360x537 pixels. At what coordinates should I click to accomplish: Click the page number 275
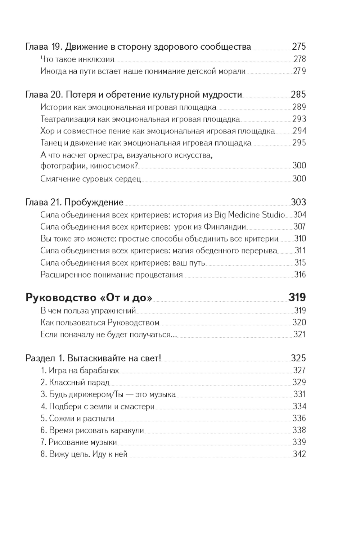coord(299,46)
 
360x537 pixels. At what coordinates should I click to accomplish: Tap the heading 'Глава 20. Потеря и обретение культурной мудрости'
coord(134,95)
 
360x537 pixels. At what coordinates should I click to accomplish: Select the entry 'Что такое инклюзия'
coord(77,59)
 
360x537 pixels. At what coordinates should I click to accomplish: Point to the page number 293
coord(299,119)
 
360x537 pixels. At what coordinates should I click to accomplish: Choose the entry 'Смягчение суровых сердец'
coord(91,179)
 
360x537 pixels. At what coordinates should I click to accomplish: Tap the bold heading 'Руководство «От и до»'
coord(89,298)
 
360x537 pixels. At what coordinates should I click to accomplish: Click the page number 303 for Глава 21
coord(298,202)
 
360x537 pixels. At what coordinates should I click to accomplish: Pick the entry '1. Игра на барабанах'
coord(80,370)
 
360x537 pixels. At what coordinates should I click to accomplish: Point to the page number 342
coord(299,454)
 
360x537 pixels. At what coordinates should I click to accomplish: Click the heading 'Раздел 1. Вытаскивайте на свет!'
coord(93,358)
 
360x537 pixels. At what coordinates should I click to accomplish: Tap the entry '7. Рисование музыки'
coord(79,442)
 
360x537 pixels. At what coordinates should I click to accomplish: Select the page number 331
coord(300,394)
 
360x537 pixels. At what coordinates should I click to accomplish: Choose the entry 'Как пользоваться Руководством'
coord(100,322)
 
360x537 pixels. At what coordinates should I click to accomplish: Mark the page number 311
coord(300,251)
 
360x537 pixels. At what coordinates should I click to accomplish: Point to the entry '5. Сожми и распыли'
coord(77,418)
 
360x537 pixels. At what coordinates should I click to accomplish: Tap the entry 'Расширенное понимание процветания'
coord(112,275)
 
